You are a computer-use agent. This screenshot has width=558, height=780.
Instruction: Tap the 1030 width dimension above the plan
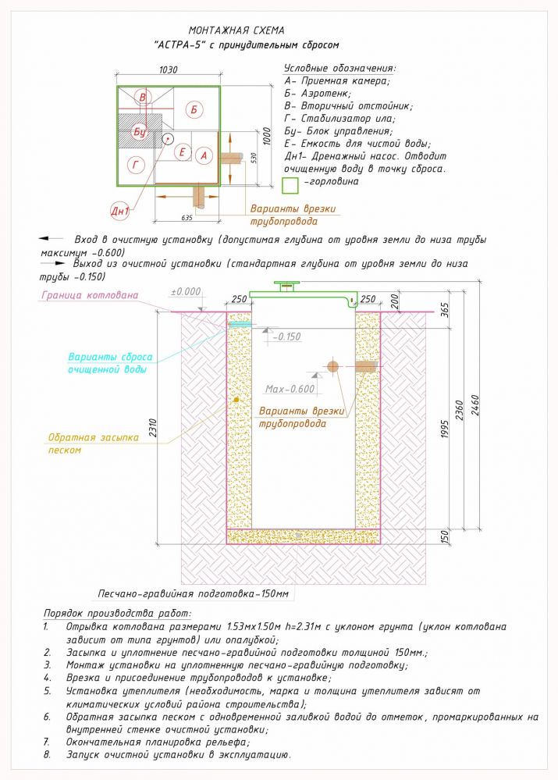pos(168,69)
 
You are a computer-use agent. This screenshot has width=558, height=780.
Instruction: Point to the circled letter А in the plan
pos(204,156)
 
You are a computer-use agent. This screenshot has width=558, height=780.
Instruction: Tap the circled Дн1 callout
pos(119,212)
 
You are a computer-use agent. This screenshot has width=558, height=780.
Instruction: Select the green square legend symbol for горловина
pos(290,185)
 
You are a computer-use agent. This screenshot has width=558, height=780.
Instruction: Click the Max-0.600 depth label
pos(290,389)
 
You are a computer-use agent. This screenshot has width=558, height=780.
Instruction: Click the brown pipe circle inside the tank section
pos(333,365)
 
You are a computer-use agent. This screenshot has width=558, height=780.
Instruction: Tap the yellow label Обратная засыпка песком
pos(93,443)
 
